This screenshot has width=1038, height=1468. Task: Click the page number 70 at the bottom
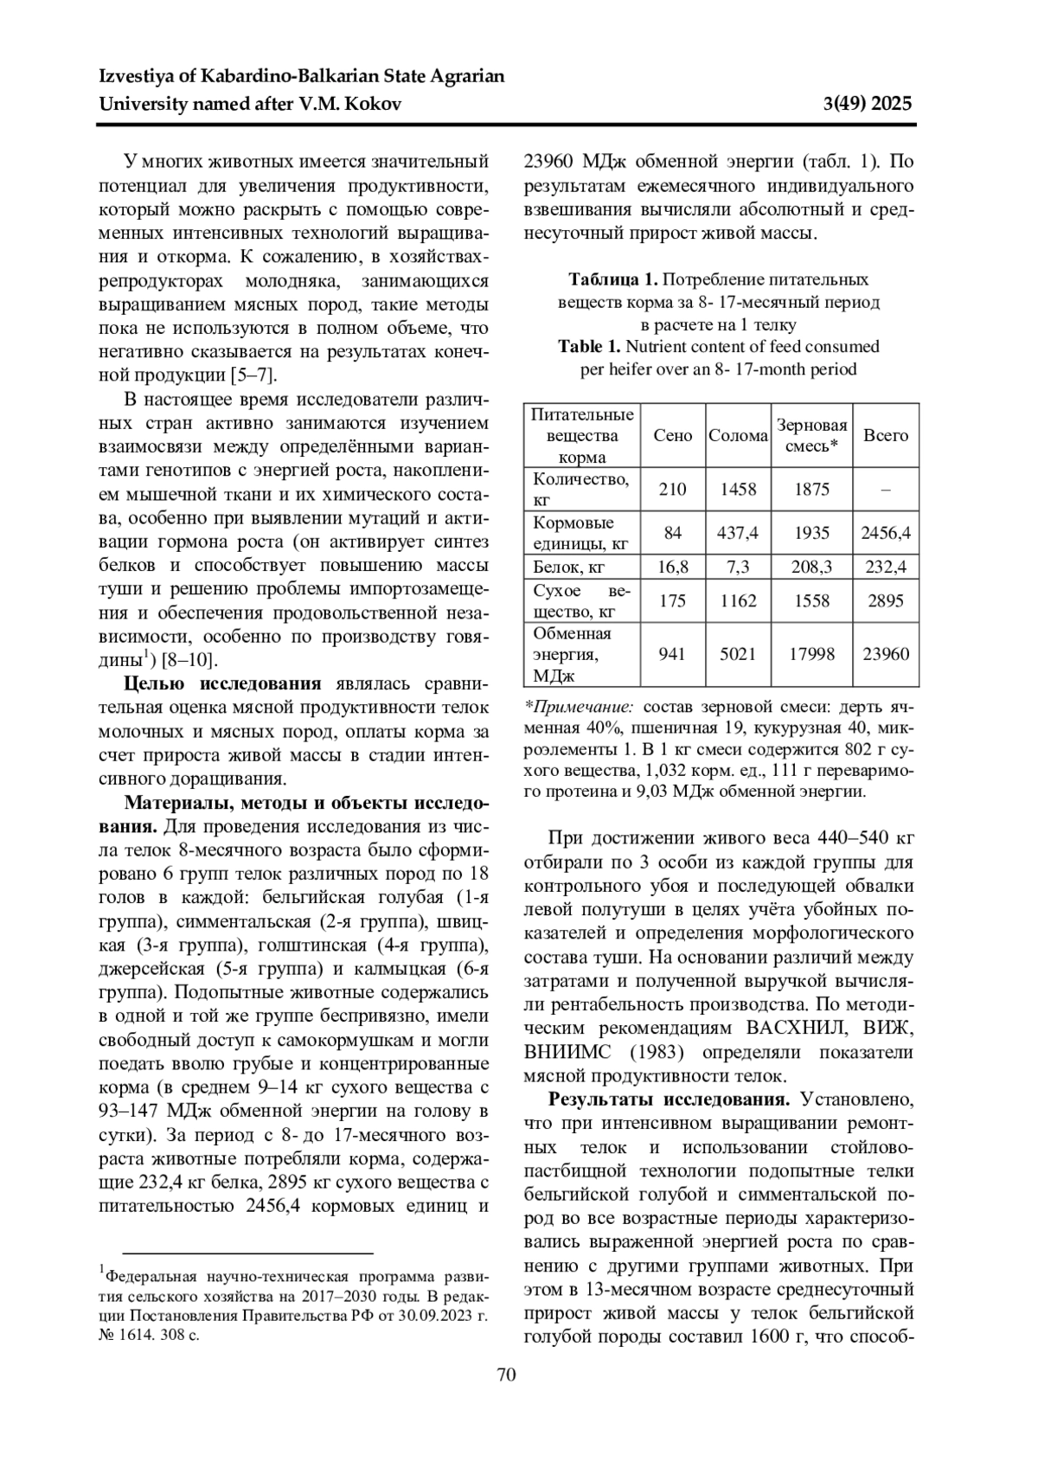click(x=507, y=1375)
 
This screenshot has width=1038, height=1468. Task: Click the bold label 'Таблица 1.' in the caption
click(x=613, y=279)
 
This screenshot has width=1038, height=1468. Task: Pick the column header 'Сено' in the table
click(x=673, y=436)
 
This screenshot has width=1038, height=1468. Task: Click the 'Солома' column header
click(x=738, y=436)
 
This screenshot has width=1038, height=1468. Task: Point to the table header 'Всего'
click(x=886, y=436)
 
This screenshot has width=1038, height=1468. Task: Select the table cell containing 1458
click(x=738, y=490)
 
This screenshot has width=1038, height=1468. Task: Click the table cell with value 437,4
click(x=738, y=534)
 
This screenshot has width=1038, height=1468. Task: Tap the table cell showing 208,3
click(x=811, y=567)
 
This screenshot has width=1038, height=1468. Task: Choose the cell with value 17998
click(x=811, y=655)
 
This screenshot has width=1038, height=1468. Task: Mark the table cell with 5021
click(x=738, y=655)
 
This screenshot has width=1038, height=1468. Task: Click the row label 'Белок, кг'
click(x=568, y=567)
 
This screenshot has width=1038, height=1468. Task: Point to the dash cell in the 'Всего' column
click(x=886, y=490)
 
